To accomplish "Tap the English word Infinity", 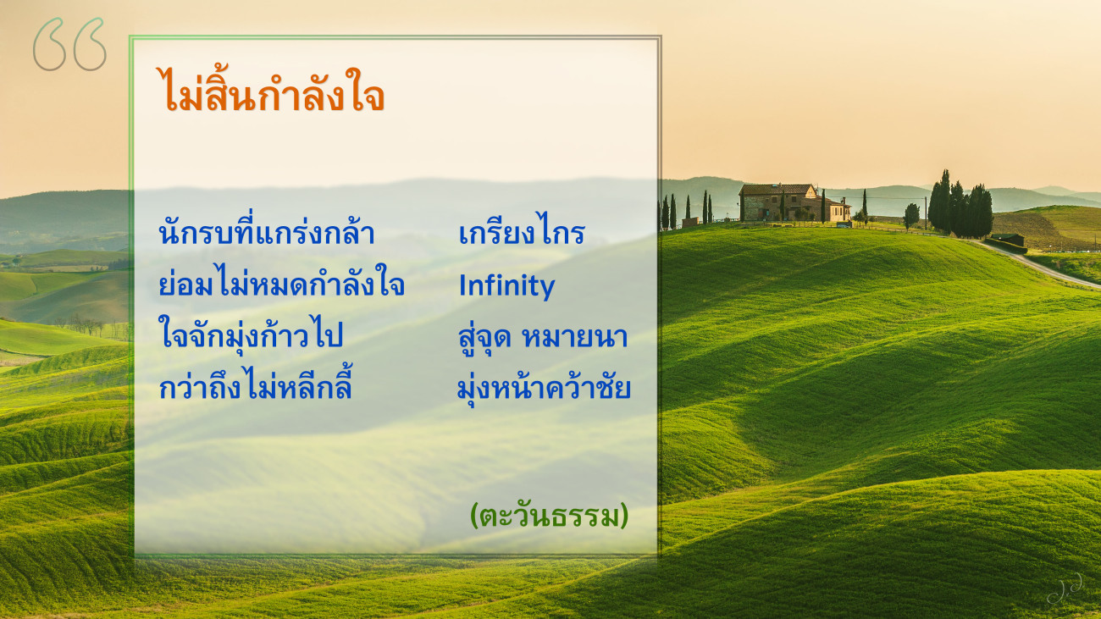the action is click(506, 286).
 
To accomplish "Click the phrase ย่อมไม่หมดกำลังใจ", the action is click(282, 283).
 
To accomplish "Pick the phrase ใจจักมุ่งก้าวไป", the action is click(250, 334).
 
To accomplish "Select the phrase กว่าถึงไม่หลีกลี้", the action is click(256, 384).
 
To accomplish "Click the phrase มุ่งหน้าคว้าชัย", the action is click(544, 388).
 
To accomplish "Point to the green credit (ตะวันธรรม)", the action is click(549, 516).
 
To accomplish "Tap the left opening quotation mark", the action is click(50, 45).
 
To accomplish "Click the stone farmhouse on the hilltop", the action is click(794, 202).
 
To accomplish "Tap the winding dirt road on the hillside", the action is click(1037, 265).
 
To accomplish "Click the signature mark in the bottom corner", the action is click(1065, 589).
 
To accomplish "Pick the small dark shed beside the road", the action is click(1008, 240).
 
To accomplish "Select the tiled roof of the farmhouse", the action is click(777, 189).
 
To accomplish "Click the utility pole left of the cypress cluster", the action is click(926, 213).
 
